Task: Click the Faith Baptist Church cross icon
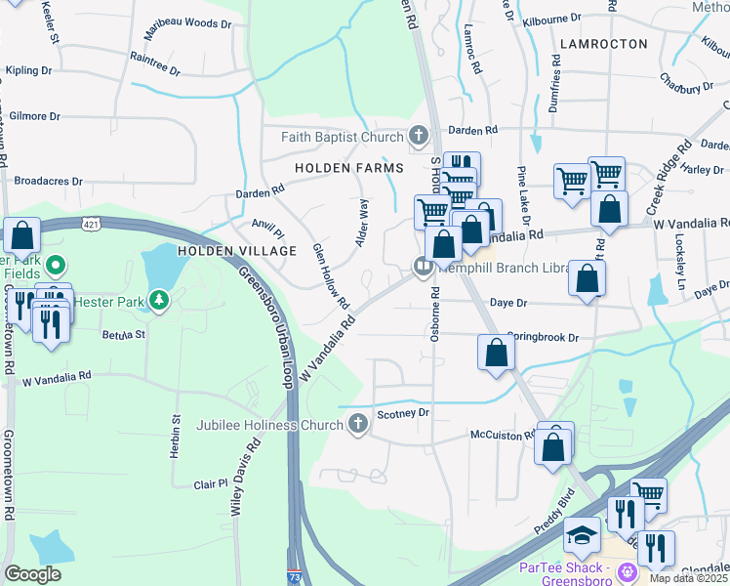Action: pos(419,136)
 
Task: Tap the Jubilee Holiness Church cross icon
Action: pos(357,424)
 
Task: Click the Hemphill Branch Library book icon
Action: pos(423,265)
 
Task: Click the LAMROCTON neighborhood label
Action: pos(603,44)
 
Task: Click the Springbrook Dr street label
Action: pos(543,337)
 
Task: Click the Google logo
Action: pos(32,574)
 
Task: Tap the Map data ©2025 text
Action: pos(688,578)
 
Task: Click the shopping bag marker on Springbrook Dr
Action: pos(496,352)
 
